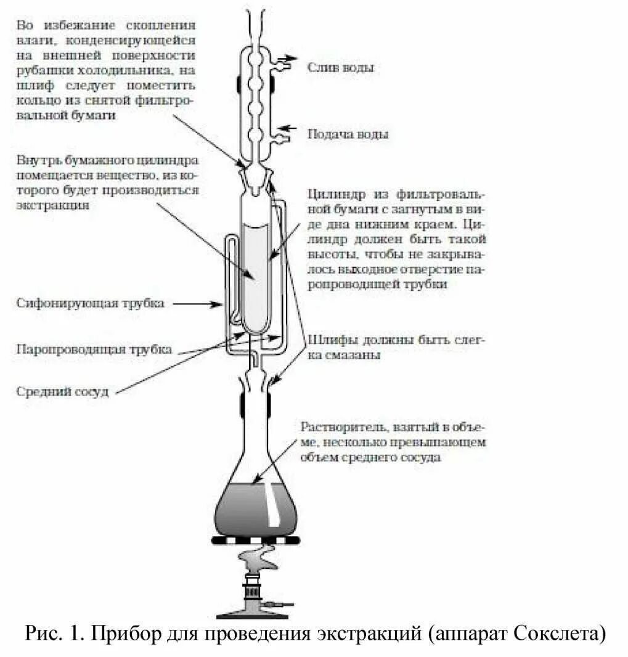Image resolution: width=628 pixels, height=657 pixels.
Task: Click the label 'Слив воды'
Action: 340,67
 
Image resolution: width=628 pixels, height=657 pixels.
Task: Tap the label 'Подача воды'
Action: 348,134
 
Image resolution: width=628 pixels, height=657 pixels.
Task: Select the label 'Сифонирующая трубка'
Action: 91,303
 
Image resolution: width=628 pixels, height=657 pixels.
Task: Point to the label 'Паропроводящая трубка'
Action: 94,349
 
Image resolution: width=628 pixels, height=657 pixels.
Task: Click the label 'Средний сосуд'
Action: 62,391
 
